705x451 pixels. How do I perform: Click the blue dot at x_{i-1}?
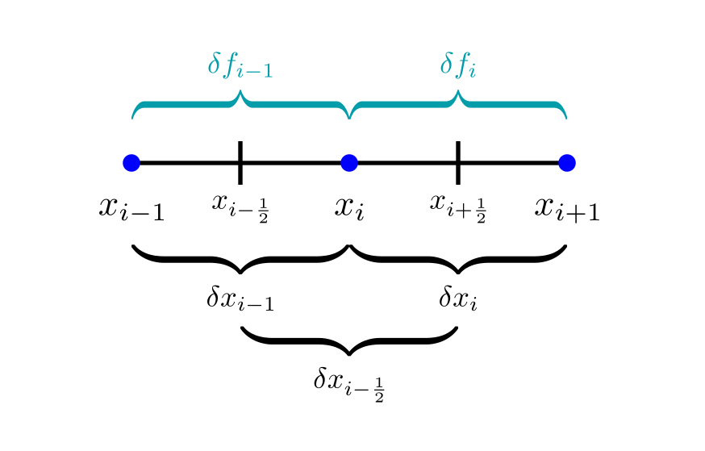tap(131, 163)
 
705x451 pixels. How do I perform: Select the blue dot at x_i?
tap(348, 163)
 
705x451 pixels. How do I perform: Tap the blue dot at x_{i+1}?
tap(566, 163)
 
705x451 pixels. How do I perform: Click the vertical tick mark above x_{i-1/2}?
tap(240, 162)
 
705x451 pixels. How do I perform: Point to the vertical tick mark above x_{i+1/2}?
tap(458, 162)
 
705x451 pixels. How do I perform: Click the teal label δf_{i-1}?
tap(240, 65)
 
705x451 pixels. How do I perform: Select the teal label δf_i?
tap(458, 65)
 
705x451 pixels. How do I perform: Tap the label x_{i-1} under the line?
tap(131, 208)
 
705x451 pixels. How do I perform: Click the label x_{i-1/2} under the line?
tap(240, 207)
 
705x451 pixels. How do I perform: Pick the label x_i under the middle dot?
tap(349, 208)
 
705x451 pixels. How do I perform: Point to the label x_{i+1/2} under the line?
tap(458, 207)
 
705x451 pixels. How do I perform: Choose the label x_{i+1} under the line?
tap(567, 208)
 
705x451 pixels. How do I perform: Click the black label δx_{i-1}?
tap(240, 299)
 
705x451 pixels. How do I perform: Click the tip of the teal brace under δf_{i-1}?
tap(240, 92)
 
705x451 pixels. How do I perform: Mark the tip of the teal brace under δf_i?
tap(458, 92)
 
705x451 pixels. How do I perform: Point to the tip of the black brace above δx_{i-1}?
tap(240, 272)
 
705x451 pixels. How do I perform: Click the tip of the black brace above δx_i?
tap(458, 272)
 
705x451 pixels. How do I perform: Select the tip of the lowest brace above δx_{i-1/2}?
tap(348, 353)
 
